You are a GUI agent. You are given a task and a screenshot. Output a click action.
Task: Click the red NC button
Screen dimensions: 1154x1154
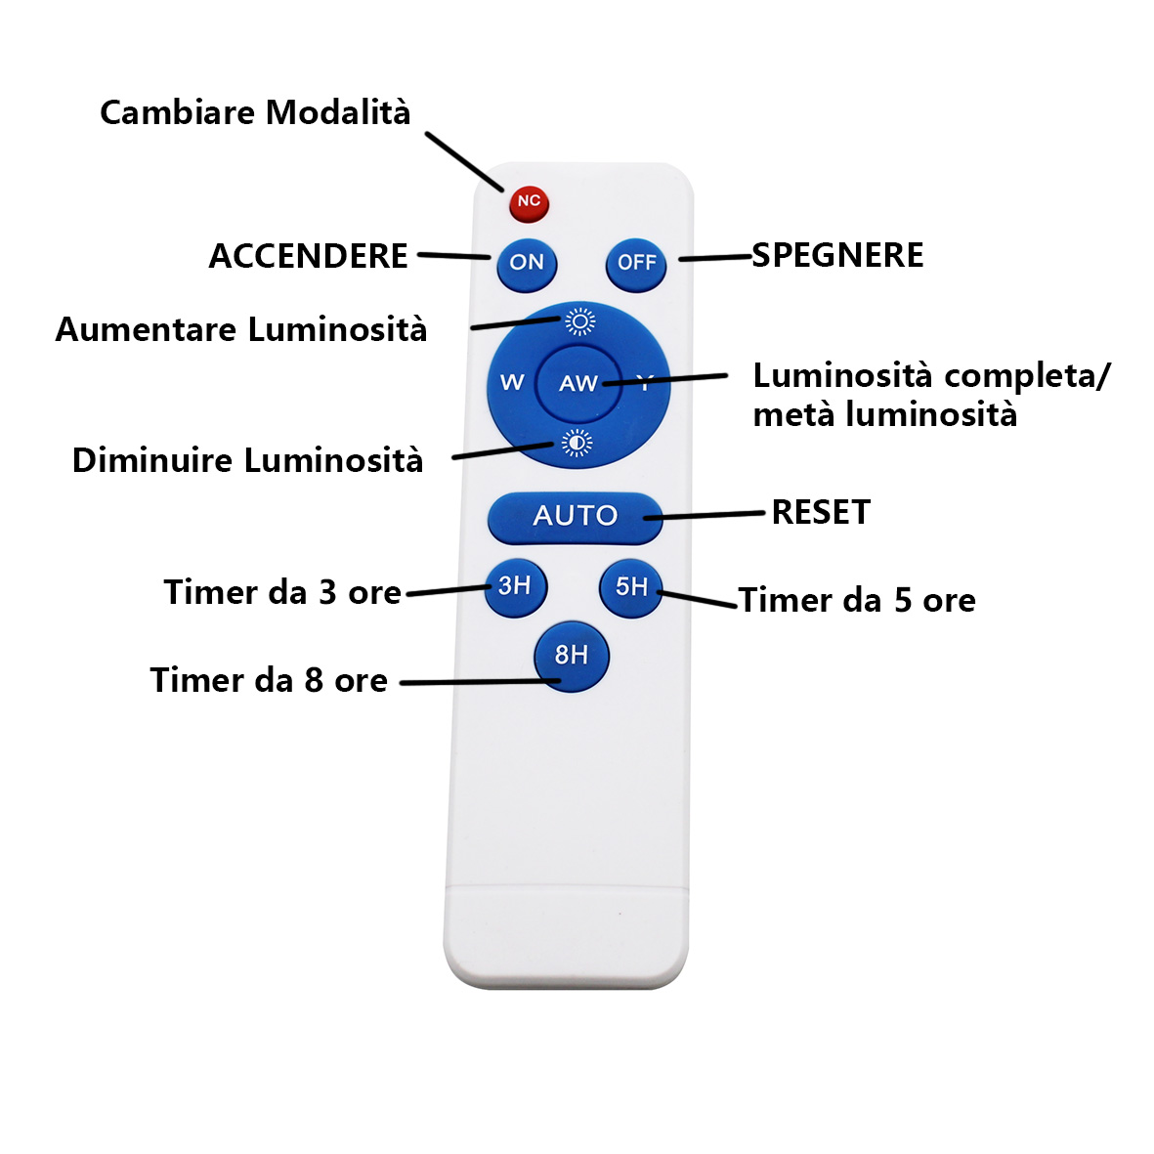[529, 202]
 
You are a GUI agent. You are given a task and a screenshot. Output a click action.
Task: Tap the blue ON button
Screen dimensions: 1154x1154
[527, 262]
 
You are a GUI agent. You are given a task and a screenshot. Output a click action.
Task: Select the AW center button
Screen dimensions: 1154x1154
[577, 383]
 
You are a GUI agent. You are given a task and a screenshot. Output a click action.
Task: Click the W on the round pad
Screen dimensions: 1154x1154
[512, 382]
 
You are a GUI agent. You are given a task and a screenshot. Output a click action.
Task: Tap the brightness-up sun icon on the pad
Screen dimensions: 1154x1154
[579, 321]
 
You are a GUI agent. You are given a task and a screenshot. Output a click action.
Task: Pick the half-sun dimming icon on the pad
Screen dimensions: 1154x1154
[577, 444]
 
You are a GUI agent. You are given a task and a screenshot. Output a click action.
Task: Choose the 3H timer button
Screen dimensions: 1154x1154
[515, 586]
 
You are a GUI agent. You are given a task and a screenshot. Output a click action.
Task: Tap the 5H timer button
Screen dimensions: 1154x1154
[630, 587]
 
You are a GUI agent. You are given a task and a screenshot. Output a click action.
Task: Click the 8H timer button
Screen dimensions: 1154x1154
[572, 656]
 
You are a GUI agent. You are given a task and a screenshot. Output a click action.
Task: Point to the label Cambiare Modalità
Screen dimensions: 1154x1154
[255, 112]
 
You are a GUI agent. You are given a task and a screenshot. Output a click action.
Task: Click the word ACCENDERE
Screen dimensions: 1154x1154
[308, 256]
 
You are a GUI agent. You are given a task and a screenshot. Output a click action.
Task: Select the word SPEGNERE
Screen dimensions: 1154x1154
[837, 255]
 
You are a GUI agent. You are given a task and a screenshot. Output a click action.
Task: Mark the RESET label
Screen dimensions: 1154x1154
[821, 512]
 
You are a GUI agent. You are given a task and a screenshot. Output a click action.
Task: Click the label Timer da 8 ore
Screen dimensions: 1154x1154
[269, 680]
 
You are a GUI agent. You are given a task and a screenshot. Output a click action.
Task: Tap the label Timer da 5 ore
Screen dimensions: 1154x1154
[857, 600]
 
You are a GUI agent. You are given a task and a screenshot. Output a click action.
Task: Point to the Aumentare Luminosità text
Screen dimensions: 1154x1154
[241, 329]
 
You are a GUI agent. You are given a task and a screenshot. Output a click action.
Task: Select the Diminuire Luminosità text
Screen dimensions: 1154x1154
[247, 460]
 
